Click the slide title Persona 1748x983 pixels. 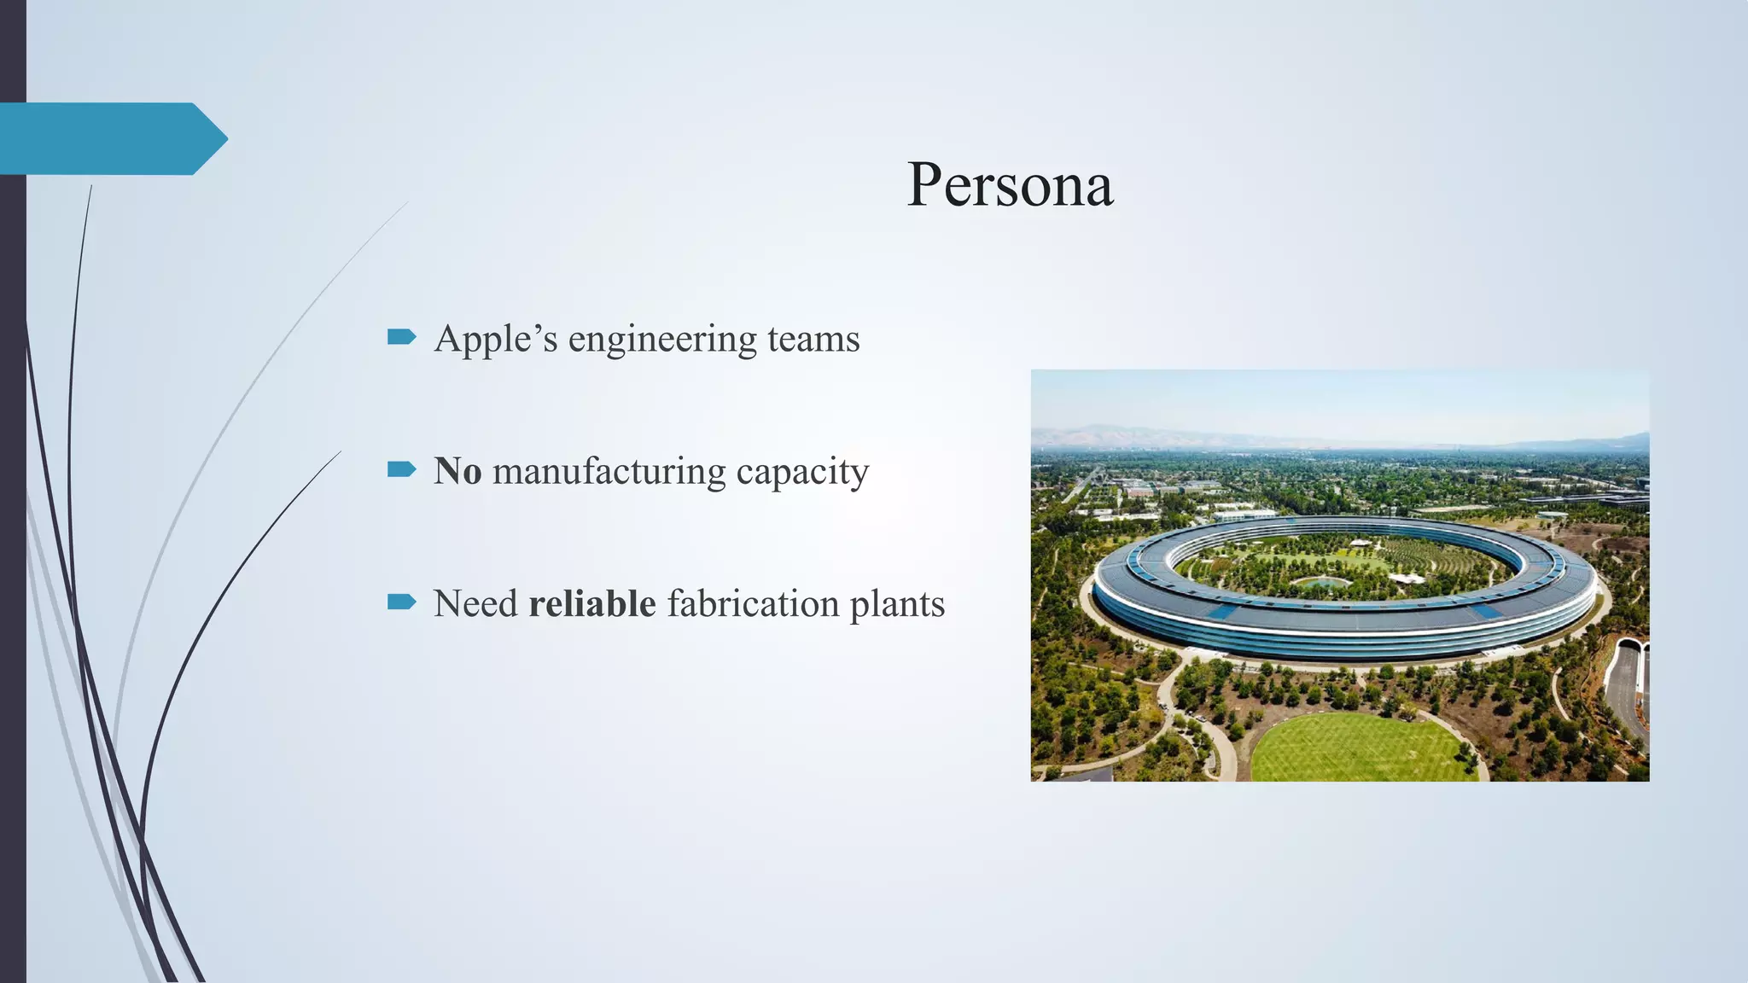click(x=1010, y=185)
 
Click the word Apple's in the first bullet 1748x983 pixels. click(x=495, y=339)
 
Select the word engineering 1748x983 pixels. click(x=662, y=340)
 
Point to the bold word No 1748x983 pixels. click(x=457, y=471)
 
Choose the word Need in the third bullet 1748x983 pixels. click(x=475, y=603)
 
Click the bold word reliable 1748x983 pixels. click(x=592, y=603)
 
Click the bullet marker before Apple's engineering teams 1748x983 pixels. click(x=401, y=337)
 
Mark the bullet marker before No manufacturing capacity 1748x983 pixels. click(x=401, y=469)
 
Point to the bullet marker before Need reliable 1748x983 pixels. click(x=401, y=602)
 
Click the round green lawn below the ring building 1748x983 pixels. click(x=1364, y=748)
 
